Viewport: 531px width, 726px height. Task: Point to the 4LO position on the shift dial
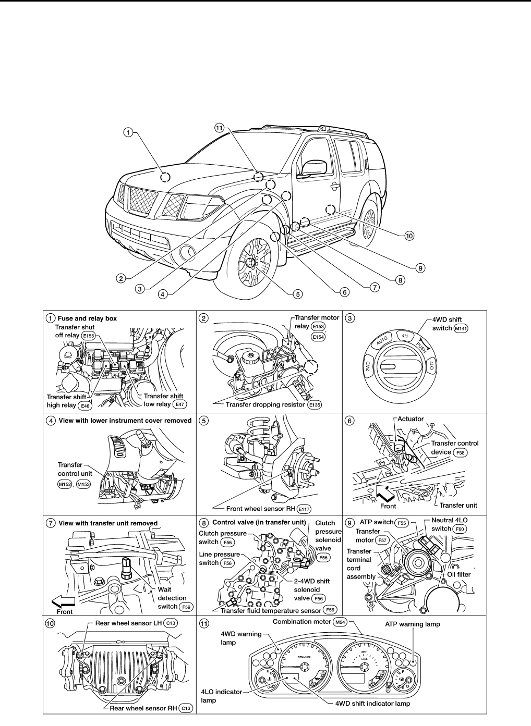pos(431,364)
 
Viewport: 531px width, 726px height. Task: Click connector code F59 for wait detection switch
pos(186,607)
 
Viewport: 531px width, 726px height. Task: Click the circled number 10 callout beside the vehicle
pos(409,236)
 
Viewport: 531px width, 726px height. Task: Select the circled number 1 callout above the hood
pos(128,132)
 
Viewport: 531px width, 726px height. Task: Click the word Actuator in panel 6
pos(411,419)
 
